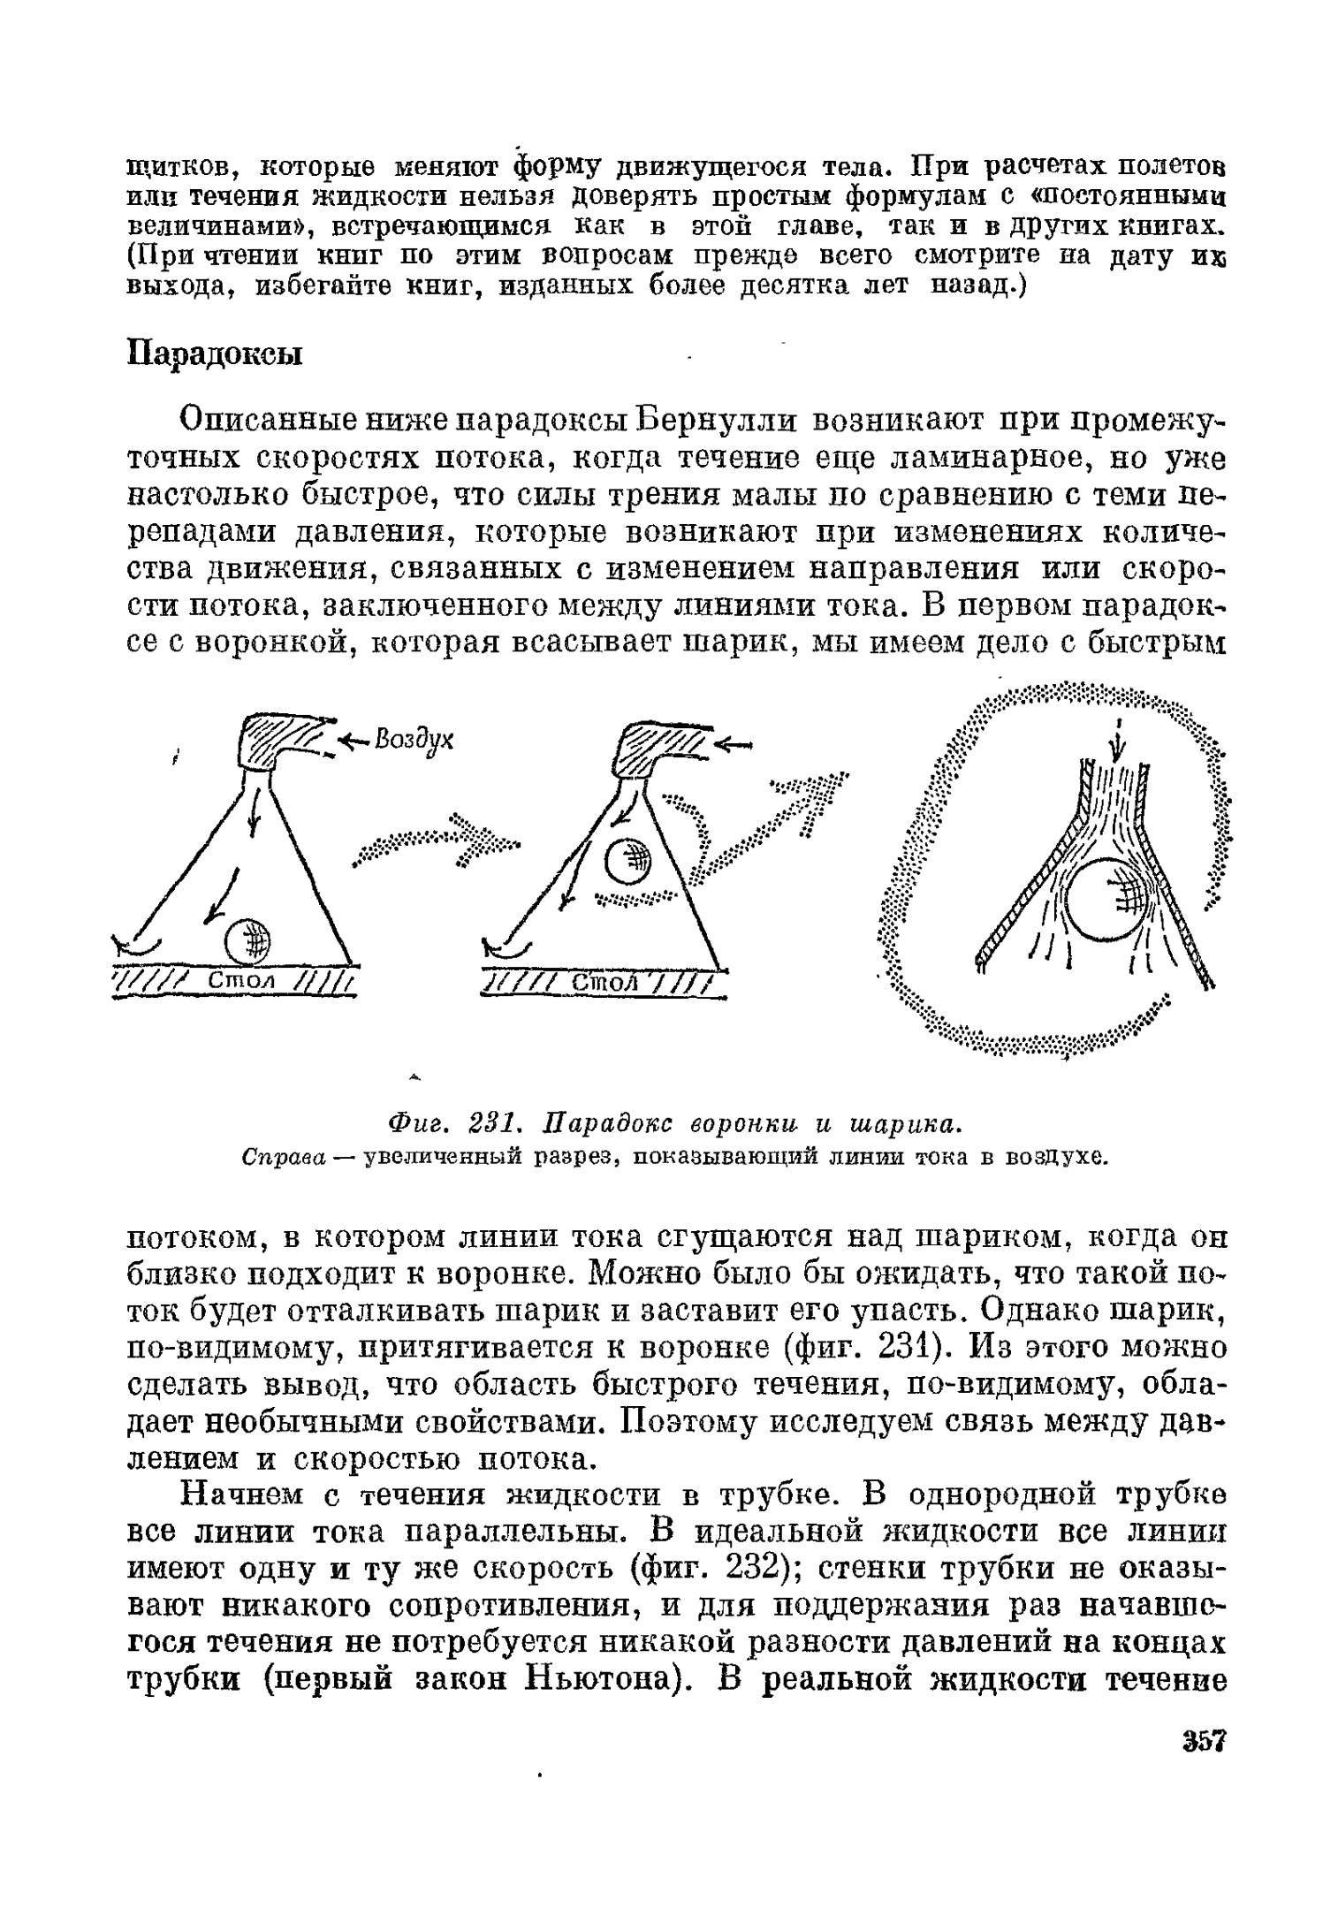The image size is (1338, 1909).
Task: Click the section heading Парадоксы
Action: pyautogui.click(x=215, y=354)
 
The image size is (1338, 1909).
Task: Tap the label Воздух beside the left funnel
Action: pyautogui.click(x=414, y=739)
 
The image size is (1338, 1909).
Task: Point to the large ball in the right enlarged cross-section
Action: pyautogui.click(x=1106, y=900)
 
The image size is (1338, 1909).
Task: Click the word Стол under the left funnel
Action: pyautogui.click(x=241, y=981)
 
